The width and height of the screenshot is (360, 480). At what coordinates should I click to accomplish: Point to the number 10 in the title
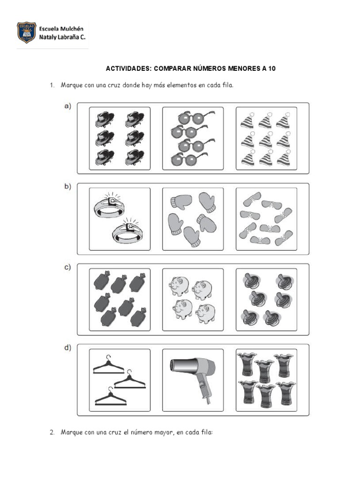272,68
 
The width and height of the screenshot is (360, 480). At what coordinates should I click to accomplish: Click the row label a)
67,106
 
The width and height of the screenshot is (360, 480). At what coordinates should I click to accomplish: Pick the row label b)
67,187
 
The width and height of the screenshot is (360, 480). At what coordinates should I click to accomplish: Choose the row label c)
67,268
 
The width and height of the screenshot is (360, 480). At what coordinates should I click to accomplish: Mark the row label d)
67,348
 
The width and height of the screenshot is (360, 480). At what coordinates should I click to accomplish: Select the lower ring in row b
127,230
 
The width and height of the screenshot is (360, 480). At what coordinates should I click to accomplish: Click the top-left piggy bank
178,285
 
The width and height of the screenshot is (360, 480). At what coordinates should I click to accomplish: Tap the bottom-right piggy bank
205,313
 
